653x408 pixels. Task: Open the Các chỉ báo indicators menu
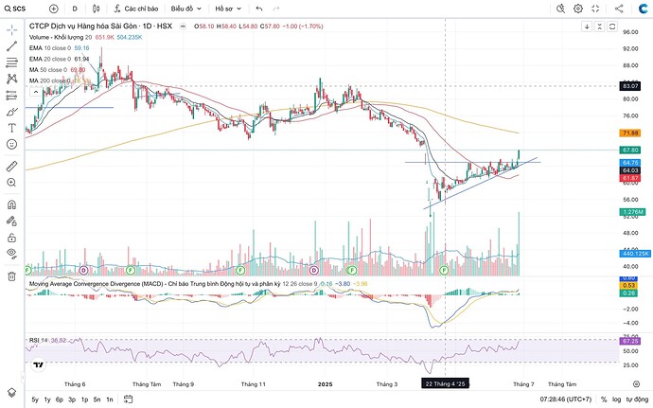tap(134, 8)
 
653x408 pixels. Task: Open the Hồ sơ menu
tap(226, 8)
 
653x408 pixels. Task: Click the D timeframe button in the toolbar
tap(76, 8)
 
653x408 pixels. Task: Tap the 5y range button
tap(35, 399)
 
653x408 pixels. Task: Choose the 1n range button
tap(110, 399)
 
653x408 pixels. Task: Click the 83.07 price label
tap(630, 86)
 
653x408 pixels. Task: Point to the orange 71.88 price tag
tap(630, 133)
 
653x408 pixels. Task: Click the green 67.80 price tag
tap(630, 150)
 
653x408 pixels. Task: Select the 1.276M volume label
tap(630, 212)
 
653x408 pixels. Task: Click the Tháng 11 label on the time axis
tap(254, 384)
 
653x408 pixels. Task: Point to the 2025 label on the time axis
tap(325, 384)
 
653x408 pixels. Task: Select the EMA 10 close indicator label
tap(51, 47)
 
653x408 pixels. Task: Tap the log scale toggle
tap(618, 399)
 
